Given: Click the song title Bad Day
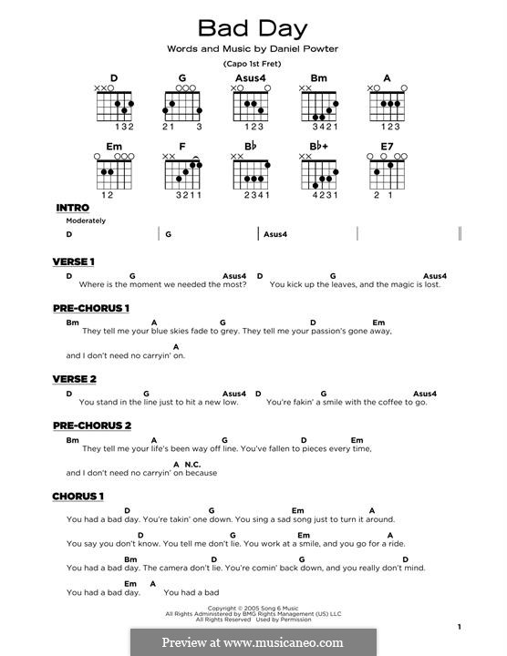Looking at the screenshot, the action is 253,27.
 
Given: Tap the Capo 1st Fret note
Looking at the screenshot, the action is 253,65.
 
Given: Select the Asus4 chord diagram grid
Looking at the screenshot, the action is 253,107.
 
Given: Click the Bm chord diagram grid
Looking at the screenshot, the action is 320,107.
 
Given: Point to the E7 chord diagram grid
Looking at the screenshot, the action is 387,173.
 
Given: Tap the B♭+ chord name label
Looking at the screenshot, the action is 318,145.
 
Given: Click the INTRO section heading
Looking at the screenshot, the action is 72,209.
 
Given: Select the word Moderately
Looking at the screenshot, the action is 86,220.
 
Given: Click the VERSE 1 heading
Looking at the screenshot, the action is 74,261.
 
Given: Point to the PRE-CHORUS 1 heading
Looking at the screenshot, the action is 92,308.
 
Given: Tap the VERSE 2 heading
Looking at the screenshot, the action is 75,379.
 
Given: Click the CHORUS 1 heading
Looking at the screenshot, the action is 78,496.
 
